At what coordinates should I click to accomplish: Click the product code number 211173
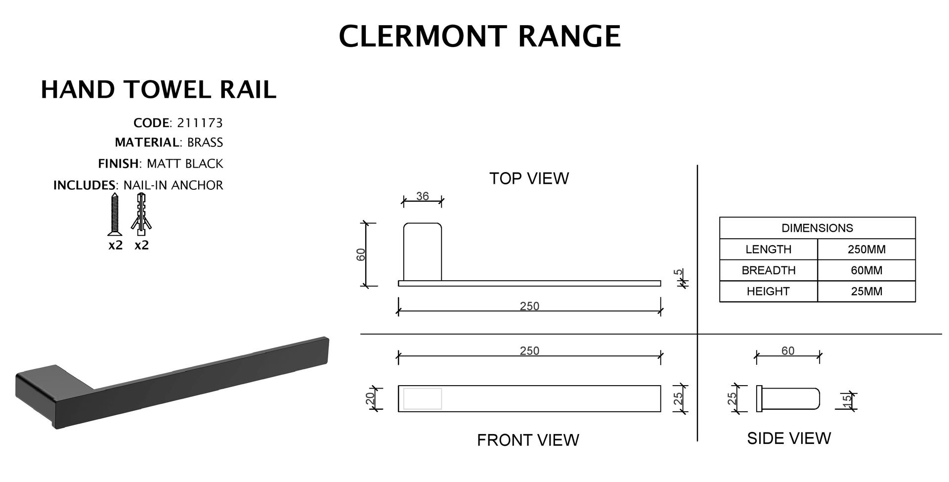200,123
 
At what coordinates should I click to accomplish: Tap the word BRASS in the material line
205,143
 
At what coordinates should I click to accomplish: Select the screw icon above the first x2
115,215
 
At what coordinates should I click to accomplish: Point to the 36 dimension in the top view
422,196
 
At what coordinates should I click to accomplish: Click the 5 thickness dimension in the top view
680,272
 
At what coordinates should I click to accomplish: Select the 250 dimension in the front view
529,351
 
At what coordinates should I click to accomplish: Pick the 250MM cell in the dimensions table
866,249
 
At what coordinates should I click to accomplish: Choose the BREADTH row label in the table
768,270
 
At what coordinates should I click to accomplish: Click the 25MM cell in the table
866,291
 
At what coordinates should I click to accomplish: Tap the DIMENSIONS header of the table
817,228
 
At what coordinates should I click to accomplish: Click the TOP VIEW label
529,178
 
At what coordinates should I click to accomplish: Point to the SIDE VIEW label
789,438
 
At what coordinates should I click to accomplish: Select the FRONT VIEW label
528,440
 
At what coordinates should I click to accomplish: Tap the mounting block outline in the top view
423,252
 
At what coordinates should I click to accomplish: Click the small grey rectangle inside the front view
423,398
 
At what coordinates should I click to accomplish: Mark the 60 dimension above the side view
788,351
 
